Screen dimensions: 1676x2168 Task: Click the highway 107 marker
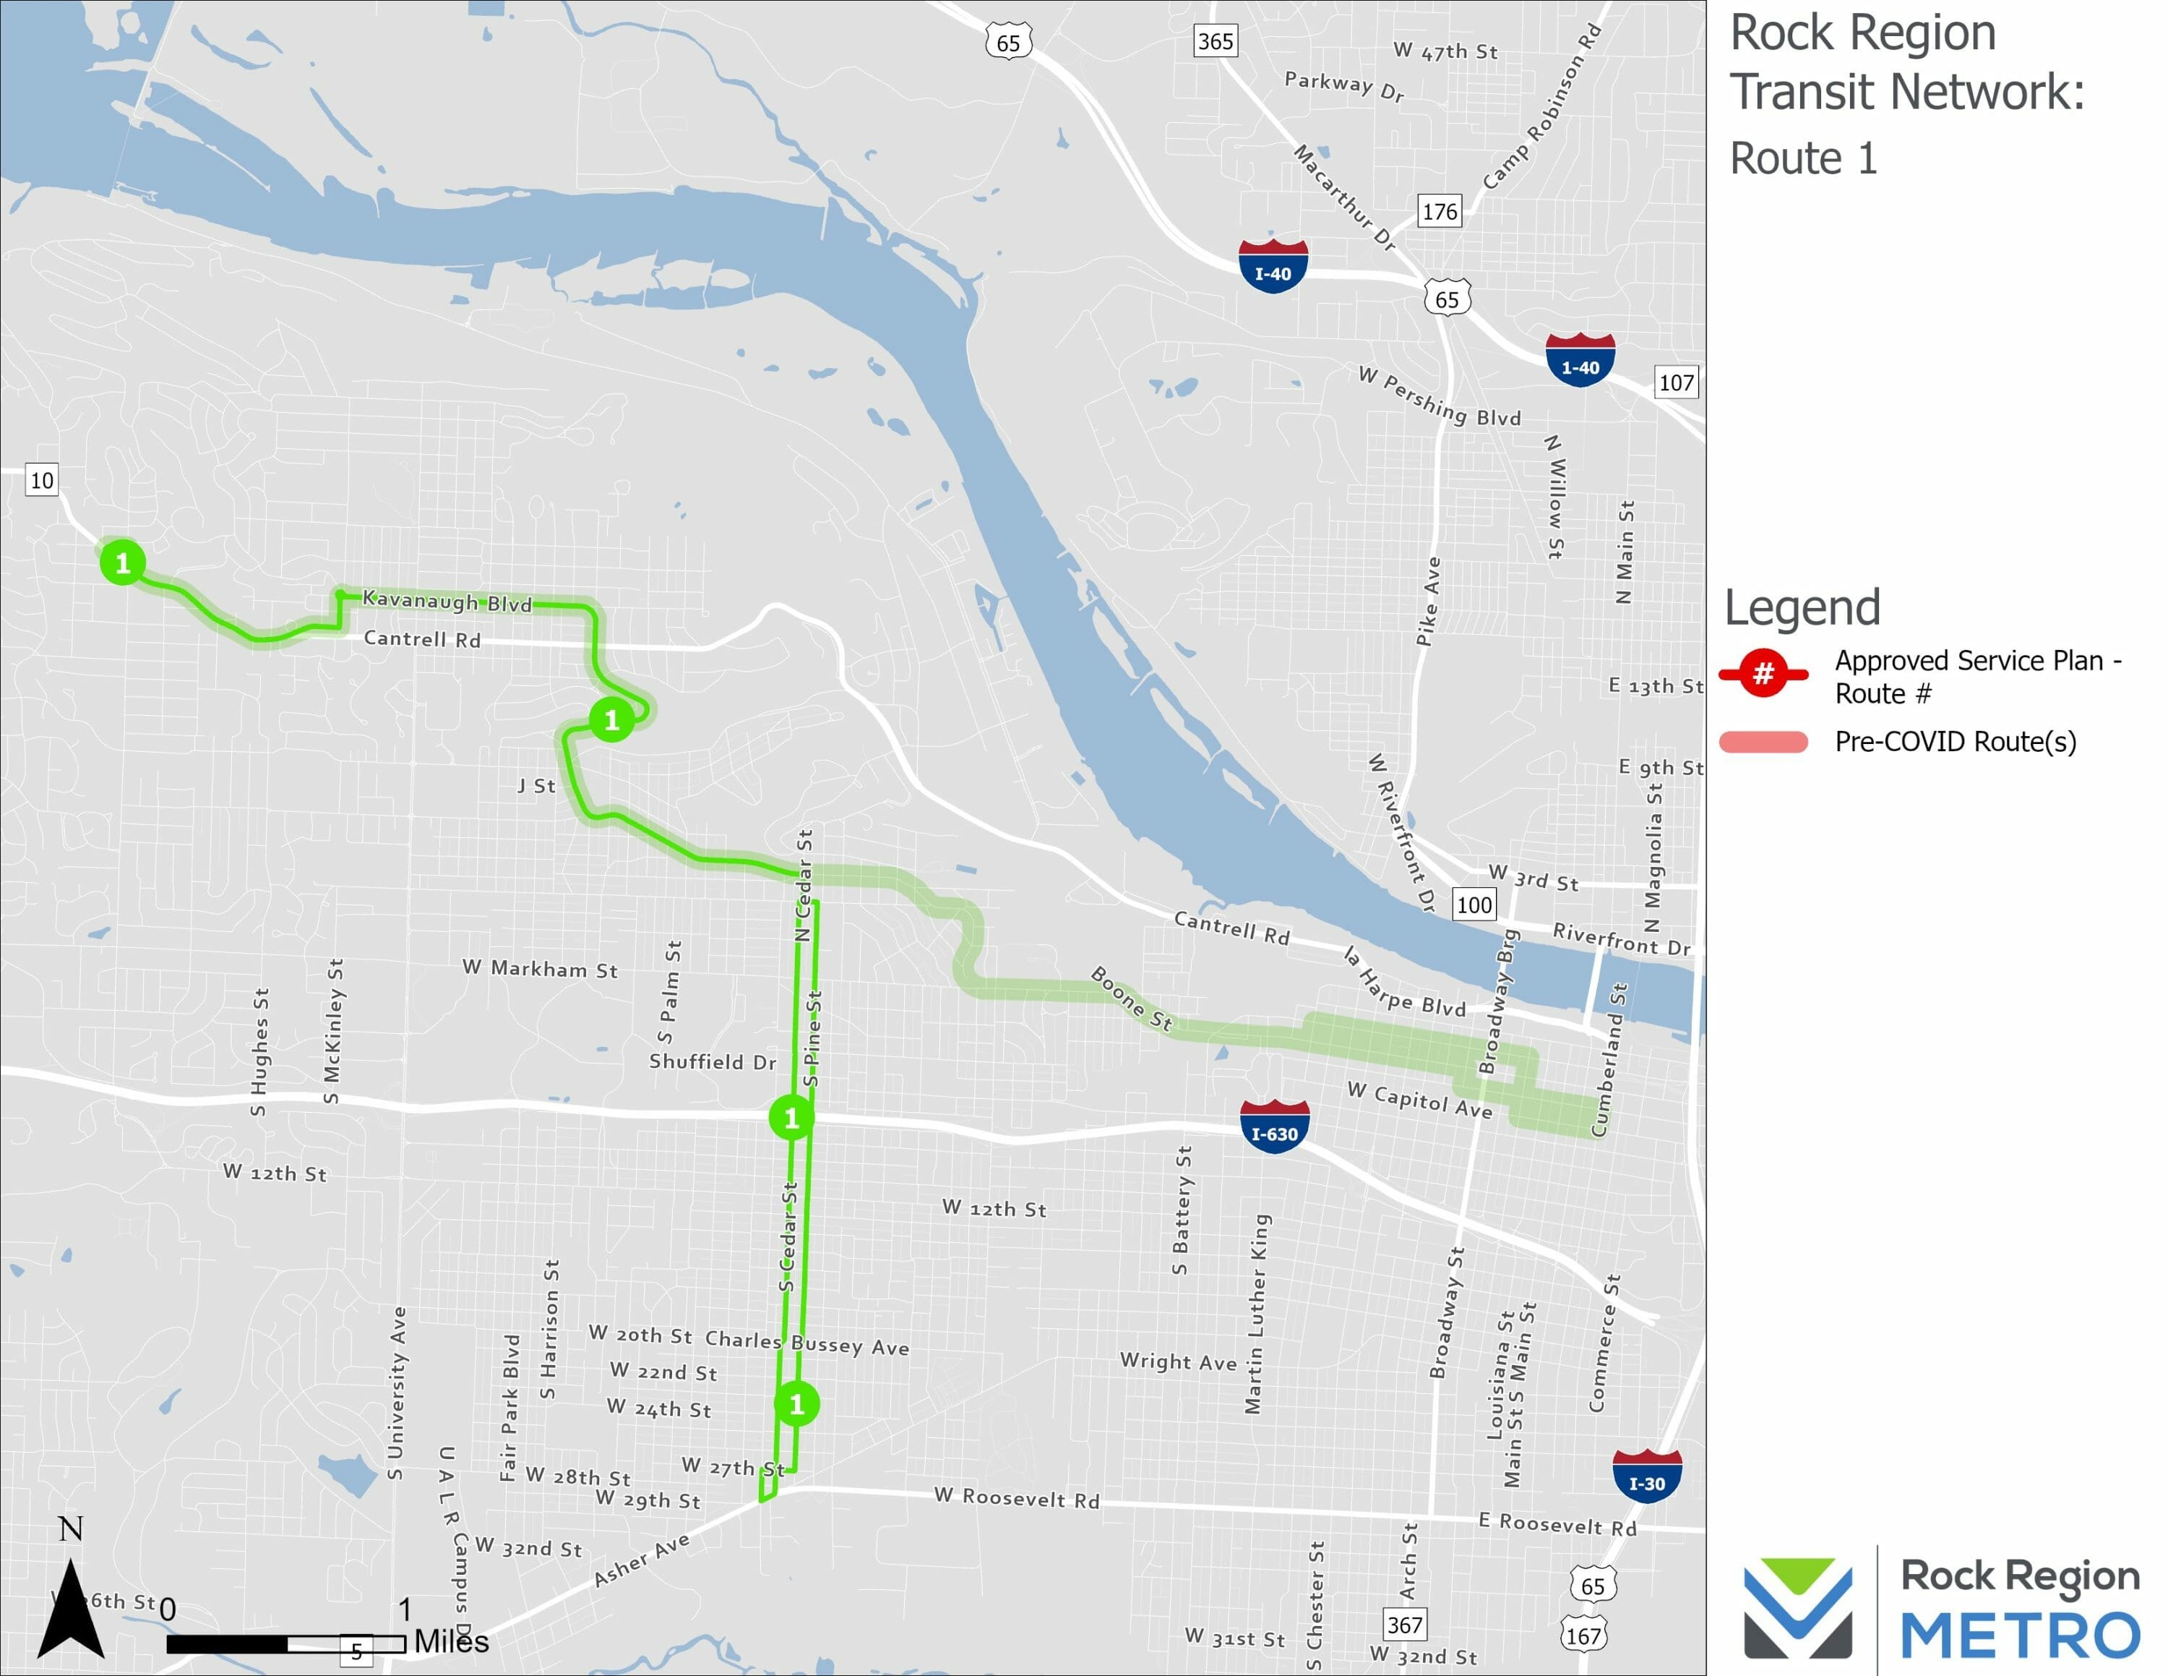1676,382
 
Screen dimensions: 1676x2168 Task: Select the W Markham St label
540,969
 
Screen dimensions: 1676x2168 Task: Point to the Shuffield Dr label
712,1062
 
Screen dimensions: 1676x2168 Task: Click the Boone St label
1132,997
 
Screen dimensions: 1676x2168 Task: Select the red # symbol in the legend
1763,674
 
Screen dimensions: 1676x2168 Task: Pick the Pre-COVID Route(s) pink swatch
1763,742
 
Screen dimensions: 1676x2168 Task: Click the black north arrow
71,1609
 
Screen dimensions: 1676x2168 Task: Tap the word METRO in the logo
2020,1636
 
